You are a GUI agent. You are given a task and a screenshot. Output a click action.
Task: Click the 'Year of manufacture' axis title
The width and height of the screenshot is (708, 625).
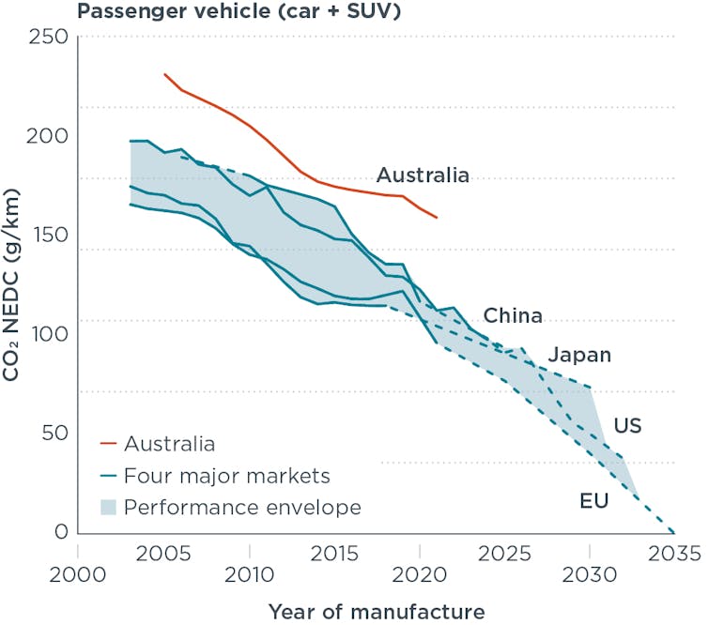(x=376, y=612)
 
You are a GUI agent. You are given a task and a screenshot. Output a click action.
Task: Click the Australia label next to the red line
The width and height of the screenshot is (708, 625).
(x=423, y=175)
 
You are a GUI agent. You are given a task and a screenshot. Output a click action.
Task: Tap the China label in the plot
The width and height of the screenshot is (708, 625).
(x=513, y=315)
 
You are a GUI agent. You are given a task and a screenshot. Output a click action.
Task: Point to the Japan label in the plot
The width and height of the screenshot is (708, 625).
(x=579, y=355)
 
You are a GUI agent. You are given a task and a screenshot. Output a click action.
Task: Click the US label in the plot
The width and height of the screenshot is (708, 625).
(x=627, y=426)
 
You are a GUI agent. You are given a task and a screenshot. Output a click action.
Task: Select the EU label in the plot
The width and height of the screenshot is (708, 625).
(x=594, y=500)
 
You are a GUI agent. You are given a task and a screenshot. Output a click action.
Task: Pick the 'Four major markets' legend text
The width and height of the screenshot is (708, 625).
(x=228, y=475)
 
